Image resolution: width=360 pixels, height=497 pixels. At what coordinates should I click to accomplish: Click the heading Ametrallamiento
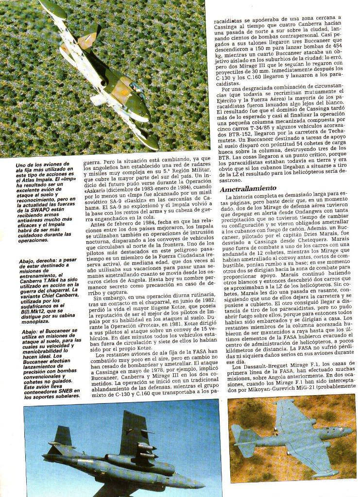pyautogui.click(x=248, y=188)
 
